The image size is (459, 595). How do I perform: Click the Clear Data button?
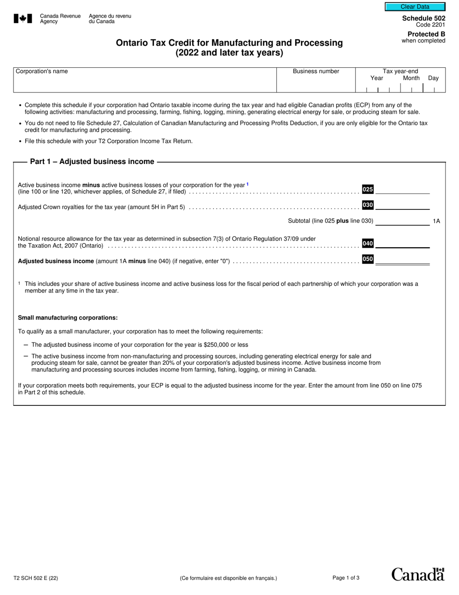pyautogui.click(x=415, y=7)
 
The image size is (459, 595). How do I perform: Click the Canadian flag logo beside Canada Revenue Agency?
pyautogui.click(x=23, y=19)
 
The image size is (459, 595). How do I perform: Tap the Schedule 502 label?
pyautogui.click(x=424, y=18)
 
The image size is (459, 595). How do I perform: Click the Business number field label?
pyautogui.click(x=316, y=72)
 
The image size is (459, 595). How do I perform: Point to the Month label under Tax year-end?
pyautogui.click(x=411, y=78)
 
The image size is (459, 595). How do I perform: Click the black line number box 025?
pyautogui.click(x=368, y=189)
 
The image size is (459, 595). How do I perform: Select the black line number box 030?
pyautogui.click(x=368, y=205)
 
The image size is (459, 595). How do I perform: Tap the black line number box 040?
pyautogui.click(x=368, y=243)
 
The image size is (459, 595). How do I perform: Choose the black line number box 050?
pyautogui.click(x=368, y=259)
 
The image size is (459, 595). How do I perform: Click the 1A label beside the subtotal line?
pyautogui.click(x=436, y=221)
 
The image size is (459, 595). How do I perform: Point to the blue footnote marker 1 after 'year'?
pyautogui.click(x=248, y=184)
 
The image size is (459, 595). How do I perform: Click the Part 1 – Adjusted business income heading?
pyautogui.click(x=92, y=162)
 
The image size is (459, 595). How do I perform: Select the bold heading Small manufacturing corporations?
pyautogui.click(x=68, y=318)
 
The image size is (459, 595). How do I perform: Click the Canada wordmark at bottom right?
pyautogui.click(x=417, y=574)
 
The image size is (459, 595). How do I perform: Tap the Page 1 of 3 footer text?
pyautogui.click(x=346, y=578)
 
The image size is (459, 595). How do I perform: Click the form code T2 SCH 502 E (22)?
pyautogui.click(x=36, y=578)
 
